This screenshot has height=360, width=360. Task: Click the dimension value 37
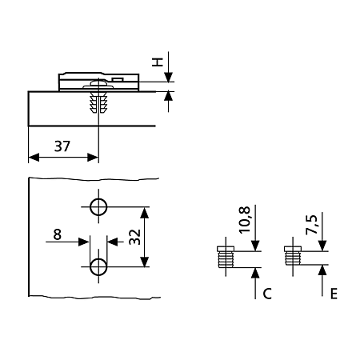click(x=62, y=146)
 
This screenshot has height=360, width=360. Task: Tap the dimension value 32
click(x=135, y=237)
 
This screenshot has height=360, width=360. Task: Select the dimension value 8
click(x=58, y=234)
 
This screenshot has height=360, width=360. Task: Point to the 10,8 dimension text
click(x=245, y=220)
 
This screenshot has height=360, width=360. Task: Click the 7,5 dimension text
click(x=312, y=225)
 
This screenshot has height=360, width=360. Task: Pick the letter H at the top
click(x=157, y=62)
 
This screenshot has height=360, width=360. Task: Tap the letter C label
click(x=267, y=294)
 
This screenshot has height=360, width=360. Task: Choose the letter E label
click(x=334, y=294)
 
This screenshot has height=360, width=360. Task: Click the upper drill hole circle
click(x=98, y=207)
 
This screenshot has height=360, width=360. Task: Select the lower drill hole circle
click(x=98, y=266)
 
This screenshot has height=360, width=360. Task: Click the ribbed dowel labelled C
click(x=226, y=257)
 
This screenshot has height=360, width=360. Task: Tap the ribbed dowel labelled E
click(x=293, y=256)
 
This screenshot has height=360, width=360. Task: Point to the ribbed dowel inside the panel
click(x=98, y=102)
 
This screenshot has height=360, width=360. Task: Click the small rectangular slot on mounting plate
click(x=117, y=79)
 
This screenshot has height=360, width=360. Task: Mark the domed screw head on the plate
click(x=98, y=84)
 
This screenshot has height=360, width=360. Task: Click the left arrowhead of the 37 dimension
click(x=34, y=158)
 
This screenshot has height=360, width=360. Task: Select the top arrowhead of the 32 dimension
click(x=144, y=213)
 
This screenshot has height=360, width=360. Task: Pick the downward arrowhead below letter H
click(x=168, y=77)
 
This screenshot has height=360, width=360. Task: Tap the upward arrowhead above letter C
click(x=255, y=273)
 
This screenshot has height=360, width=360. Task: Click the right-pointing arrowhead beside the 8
click(x=84, y=242)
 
